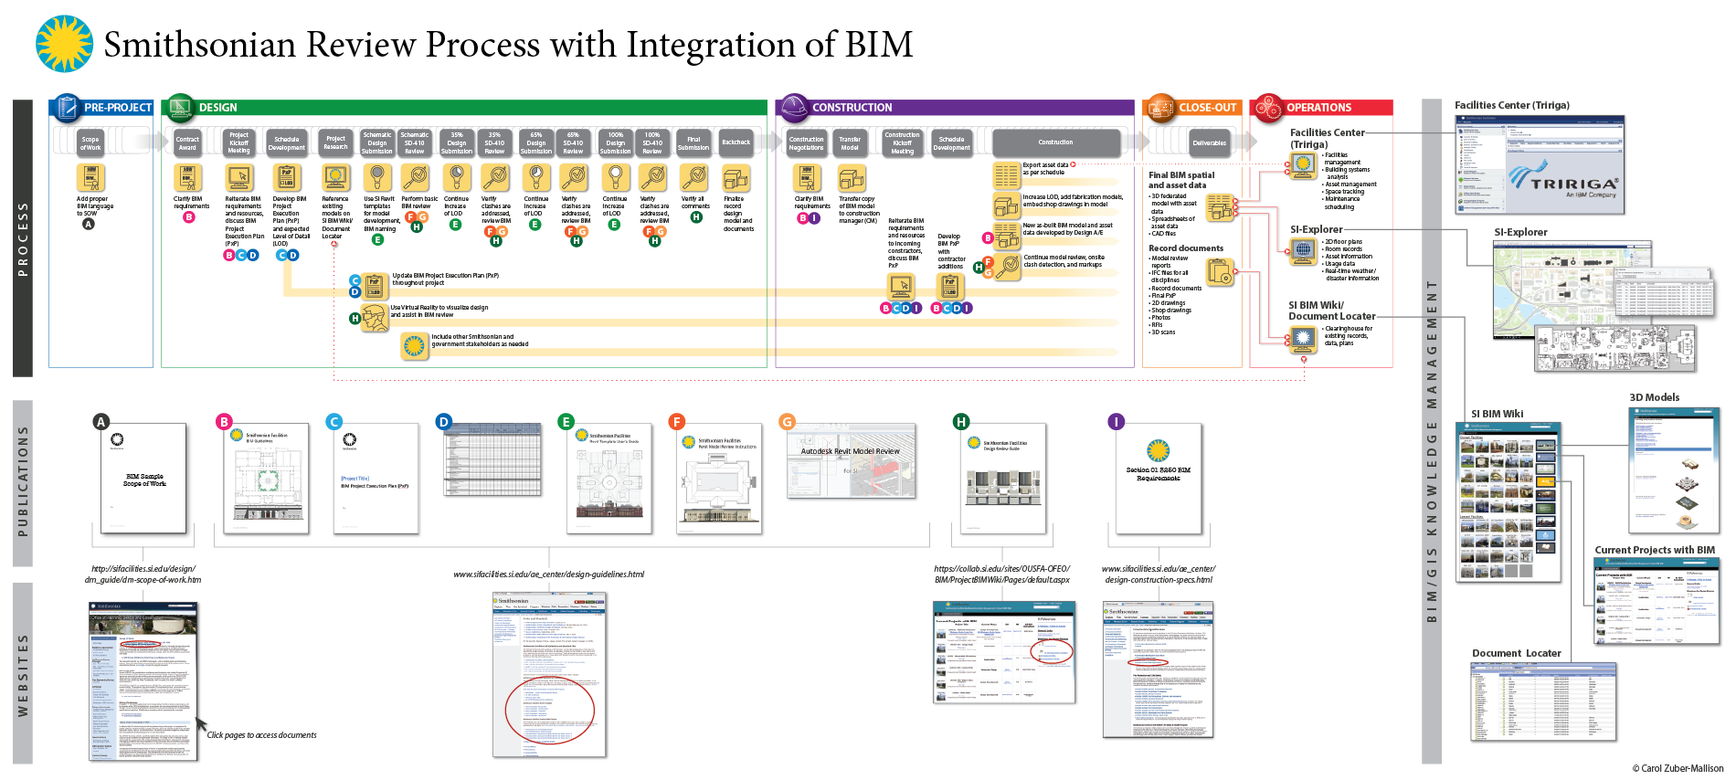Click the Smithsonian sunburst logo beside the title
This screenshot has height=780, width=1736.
[x=64, y=44]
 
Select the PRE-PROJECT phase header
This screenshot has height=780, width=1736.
[x=117, y=108]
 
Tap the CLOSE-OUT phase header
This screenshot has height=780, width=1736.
[x=1206, y=108]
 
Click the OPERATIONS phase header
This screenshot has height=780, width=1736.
[x=1318, y=108]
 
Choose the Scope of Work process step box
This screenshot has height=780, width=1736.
[x=90, y=142]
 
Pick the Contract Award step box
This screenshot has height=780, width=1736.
[x=187, y=142]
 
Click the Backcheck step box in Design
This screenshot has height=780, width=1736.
[x=736, y=142]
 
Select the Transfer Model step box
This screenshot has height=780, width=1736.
[x=850, y=142]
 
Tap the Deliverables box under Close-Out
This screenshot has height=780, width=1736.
[x=1209, y=142]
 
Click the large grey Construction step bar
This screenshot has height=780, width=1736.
[x=1055, y=142]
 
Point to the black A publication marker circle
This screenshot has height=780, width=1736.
[x=101, y=422]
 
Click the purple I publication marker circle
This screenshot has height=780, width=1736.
[x=1116, y=422]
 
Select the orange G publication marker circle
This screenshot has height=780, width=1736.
[x=787, y=422]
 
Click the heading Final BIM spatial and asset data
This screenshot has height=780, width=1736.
[x=1181, y=180]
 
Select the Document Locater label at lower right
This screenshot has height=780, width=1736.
[x=1516, y=653]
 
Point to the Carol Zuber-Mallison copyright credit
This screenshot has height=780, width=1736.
[x=1678, y=768]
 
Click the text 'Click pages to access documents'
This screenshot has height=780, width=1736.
[x=261, y=735]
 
